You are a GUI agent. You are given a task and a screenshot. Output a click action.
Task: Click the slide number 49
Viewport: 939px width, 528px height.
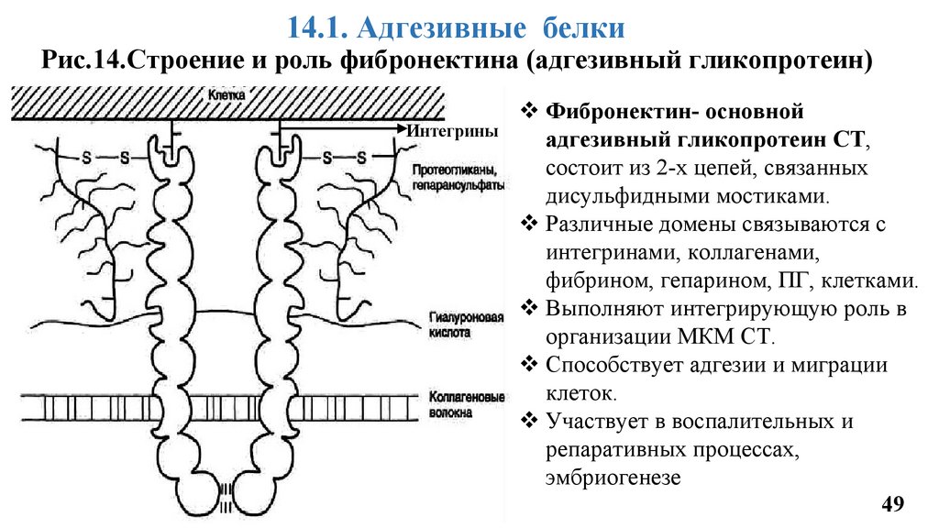click(x=892, y=503)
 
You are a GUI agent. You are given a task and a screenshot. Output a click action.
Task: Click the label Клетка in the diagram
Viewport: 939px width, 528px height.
click(x=226, y=95)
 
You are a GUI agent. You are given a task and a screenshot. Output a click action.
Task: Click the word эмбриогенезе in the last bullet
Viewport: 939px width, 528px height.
click(x=613, y=477)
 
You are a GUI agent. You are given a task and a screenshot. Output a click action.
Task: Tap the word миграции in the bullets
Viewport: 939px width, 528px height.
click(x=839, y=365)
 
